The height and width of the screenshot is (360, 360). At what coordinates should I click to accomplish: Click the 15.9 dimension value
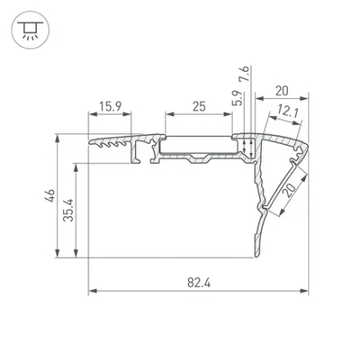click(x=110, y=106)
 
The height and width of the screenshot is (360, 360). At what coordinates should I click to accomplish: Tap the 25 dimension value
click(x=199, y=106)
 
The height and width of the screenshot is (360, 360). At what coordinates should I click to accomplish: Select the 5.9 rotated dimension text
click(x=236, y=99)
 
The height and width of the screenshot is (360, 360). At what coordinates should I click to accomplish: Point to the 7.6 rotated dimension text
click(x=244, y=75)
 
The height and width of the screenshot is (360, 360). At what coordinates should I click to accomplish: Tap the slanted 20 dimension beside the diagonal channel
click(x=289, y=191)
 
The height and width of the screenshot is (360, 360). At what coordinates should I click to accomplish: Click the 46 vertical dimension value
click(x=50, y=196)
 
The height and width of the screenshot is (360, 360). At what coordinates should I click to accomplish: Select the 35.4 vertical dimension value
click(x=69, y=209)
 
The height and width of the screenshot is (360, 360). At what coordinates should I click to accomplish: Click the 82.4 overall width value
click(x=198, y=282)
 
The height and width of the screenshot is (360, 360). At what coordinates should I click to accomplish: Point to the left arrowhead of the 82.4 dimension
click(x=92, y=290)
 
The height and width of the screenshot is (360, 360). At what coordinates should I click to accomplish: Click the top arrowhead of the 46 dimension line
click(x=57, y=137)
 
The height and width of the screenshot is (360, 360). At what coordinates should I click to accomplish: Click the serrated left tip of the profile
click(x=92, y=142)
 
